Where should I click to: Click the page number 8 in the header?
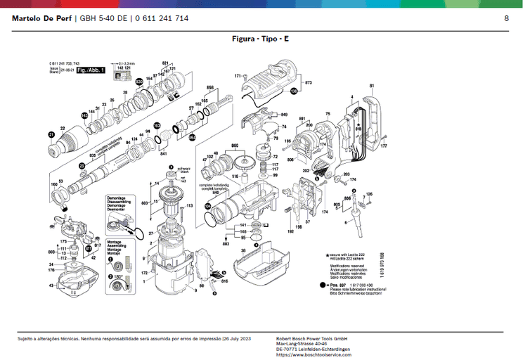point(506,18)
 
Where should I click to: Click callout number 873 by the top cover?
point(308,83)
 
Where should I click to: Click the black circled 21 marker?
point(51,134)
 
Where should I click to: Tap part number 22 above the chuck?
point(63,128)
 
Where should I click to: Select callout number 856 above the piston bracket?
point(209,87)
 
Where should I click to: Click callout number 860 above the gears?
point(235,145)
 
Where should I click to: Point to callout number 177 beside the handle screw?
point(384,146)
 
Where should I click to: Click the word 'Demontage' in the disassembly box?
point(116,198)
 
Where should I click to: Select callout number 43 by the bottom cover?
point(51,285)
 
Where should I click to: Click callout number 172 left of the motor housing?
point(144,271)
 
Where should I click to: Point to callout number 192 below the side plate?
point(290,231)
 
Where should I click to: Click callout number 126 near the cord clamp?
point(370,194)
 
